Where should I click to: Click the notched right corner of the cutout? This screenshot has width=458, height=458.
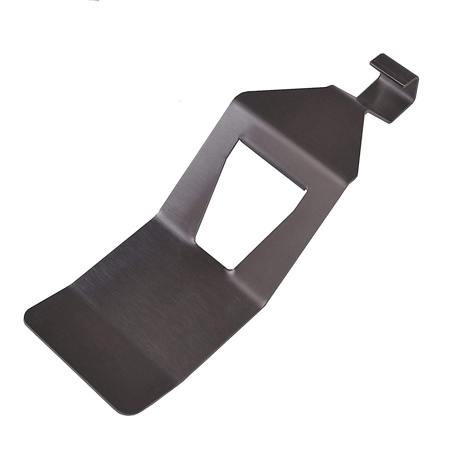pos(305,191)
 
